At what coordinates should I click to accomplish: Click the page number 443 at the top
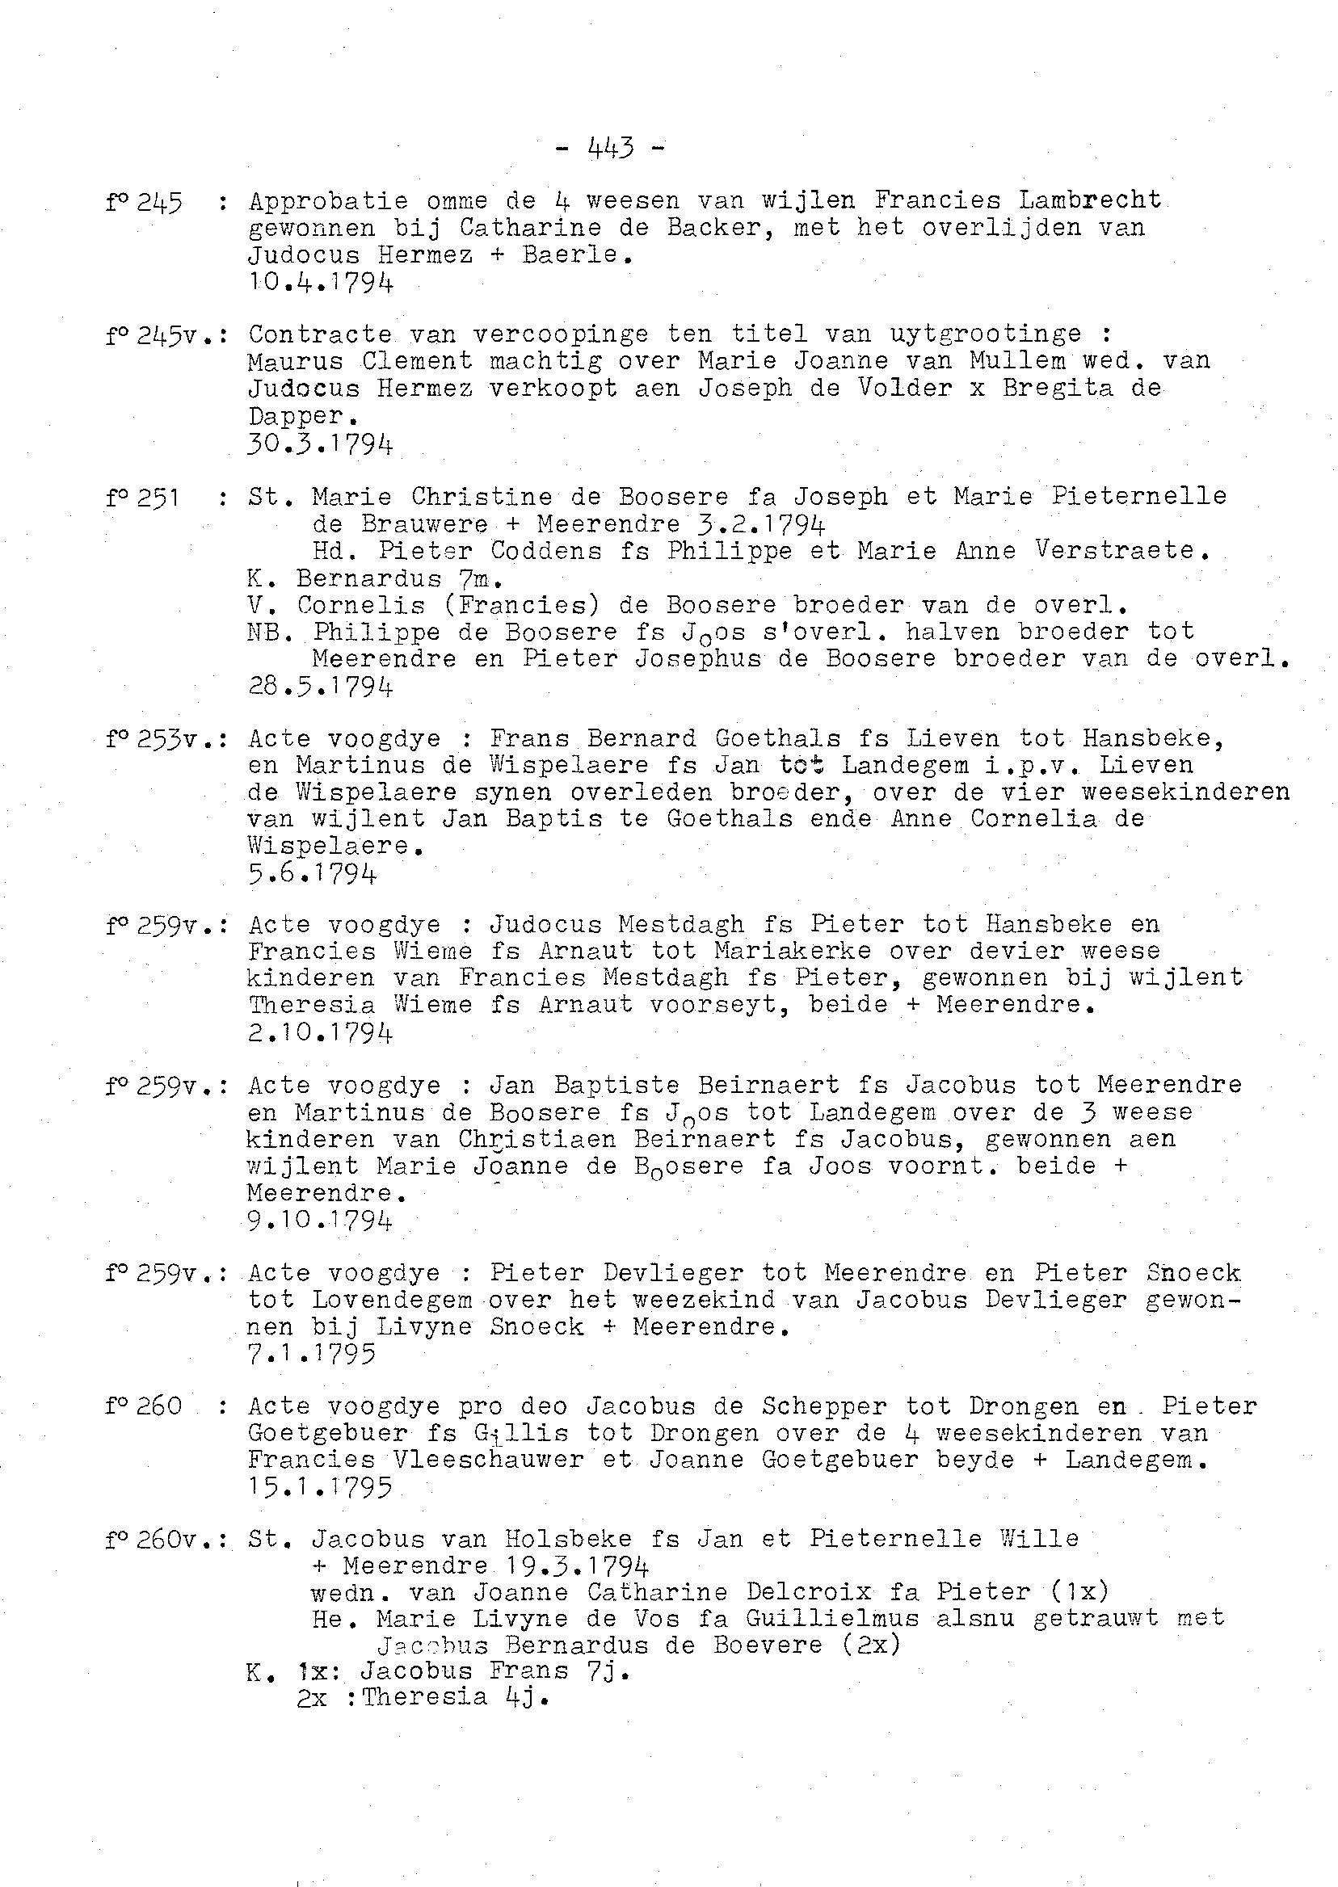[611, 149]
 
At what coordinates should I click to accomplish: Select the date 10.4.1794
[321, 283]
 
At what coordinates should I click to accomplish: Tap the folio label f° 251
[143, 498]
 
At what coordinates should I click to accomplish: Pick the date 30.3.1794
[321, 445]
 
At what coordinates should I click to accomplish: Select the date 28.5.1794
[321, 686]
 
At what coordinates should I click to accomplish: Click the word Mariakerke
[793, 951]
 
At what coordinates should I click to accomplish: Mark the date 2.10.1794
[321, 1032]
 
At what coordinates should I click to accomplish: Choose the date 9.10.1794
[321, 1219]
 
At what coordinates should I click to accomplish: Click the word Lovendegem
[392, 1300]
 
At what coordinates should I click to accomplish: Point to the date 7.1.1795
[312, 1353]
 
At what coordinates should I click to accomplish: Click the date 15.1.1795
[321, 1487]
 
